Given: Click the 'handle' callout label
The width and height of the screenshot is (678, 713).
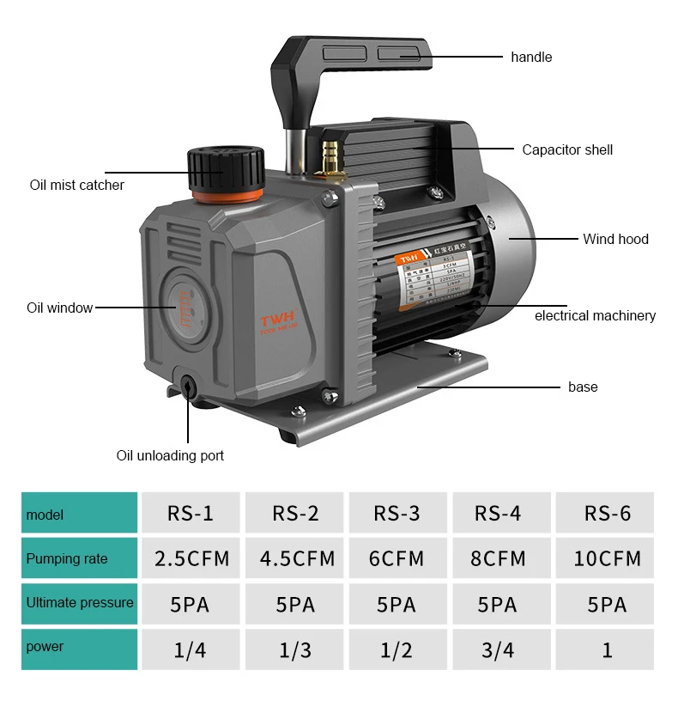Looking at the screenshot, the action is point(531,58).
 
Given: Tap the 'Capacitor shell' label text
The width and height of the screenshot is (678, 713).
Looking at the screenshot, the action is point(567,149).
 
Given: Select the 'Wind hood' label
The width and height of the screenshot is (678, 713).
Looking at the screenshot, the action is point(615,239).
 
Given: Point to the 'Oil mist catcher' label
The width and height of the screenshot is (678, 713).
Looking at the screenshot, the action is point(77,185).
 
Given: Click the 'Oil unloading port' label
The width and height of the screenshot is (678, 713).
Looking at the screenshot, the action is point(170,455).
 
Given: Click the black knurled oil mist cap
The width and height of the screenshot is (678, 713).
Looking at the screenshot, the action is point(226,167).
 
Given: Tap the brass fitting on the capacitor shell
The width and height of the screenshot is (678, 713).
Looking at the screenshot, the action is point(327,155).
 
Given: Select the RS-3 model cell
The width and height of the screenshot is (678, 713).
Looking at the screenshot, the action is point(397,514).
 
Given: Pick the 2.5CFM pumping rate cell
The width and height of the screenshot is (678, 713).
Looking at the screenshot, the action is point(192,558).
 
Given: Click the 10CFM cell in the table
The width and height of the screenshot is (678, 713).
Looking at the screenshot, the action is point(607,558).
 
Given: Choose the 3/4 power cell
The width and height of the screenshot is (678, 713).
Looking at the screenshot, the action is point(498,649).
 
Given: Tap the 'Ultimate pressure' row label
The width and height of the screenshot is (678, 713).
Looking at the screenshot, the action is point(80,603).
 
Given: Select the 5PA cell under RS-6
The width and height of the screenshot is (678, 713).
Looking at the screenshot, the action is point(607,604).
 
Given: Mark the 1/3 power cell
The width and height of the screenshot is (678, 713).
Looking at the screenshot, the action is point(295,649).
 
